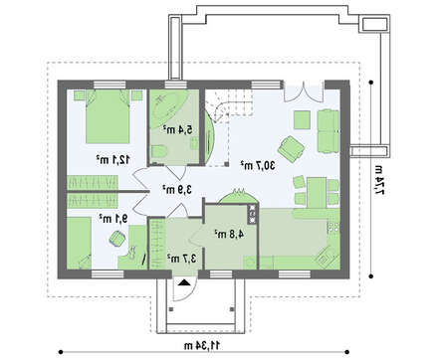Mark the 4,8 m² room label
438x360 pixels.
(x=224, y=236)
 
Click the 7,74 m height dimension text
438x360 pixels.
(x=379, y=181)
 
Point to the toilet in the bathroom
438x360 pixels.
(x=158, y=150)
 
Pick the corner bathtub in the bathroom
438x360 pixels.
(x=164, y=106)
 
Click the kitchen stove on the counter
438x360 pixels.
(x=253, y=213)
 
